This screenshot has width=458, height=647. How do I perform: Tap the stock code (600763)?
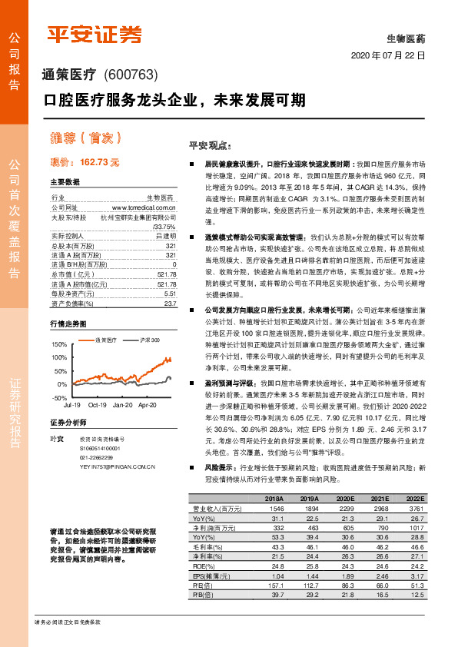click(x=130, y=75)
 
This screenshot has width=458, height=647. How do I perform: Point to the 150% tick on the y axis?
click(x=60, y=344)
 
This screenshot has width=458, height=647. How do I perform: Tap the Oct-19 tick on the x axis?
click(x=97, y=404)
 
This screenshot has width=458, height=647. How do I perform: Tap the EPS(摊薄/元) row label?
click(x=207, y=596)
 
